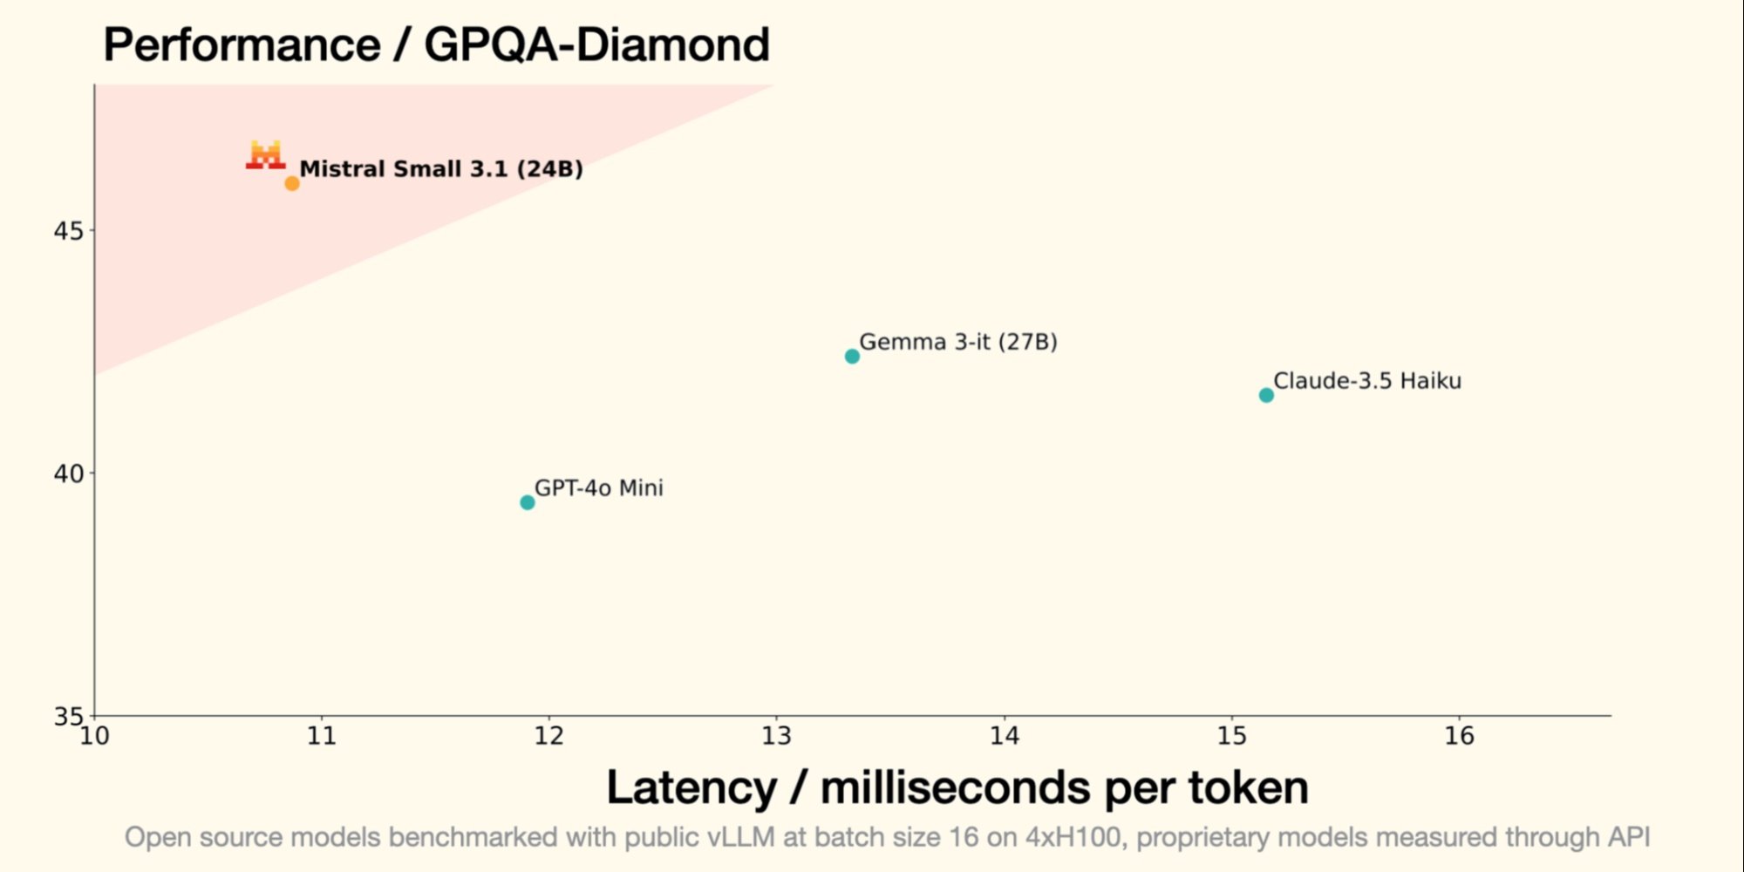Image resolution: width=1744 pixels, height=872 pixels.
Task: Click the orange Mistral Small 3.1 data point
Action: (292, 183)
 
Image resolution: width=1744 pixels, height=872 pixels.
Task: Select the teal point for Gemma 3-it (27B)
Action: (852, 356)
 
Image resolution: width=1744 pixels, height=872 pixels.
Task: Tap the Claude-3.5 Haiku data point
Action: (1266, 395)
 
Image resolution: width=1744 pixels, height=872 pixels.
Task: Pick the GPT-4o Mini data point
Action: (527, 502)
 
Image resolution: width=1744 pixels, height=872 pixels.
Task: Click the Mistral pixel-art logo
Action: (265, 154)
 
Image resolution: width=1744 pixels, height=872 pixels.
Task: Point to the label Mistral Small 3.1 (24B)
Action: (441, 168)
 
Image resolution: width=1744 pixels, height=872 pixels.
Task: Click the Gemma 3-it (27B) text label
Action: (957, 341)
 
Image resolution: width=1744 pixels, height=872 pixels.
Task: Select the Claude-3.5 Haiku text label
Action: (1366, 380)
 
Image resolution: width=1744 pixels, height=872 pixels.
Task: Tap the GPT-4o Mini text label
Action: (598, 487)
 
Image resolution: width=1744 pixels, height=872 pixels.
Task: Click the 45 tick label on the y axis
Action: (68, 231)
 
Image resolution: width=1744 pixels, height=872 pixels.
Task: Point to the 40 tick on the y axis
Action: (68, 473)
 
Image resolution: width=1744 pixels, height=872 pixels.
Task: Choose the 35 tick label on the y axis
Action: (68, 716)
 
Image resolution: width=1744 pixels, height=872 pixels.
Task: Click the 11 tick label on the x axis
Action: (322, 736)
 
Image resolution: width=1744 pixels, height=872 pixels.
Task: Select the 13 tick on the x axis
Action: (776, 736)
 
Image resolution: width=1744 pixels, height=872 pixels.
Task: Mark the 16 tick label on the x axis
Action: (1459, 736)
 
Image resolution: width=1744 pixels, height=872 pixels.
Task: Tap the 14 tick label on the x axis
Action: (1004, 736)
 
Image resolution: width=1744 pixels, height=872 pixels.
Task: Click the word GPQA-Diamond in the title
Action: (596, 44)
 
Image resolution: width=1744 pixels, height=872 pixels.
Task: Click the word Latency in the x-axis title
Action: (691, 787)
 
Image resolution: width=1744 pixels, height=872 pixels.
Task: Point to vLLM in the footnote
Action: (740, 837)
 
